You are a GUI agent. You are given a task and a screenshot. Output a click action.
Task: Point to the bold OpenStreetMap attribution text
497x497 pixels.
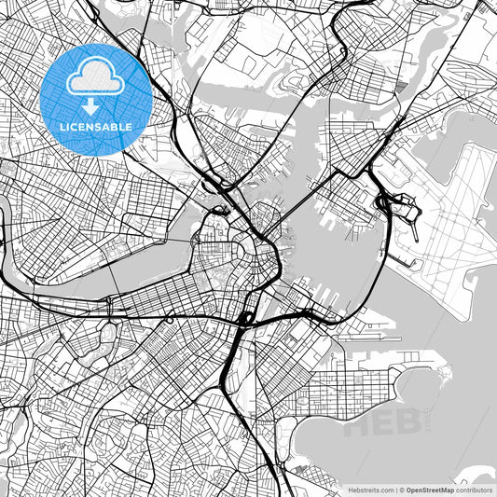[428, 489]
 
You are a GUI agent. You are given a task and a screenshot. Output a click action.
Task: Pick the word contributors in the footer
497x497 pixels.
[475, 489]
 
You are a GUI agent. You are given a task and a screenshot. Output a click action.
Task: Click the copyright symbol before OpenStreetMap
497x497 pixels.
[401, 489]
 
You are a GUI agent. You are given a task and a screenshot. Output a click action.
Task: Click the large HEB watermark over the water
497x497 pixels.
[381, 425]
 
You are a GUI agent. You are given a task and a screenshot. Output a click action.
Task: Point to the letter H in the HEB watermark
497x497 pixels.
[360, 425]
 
